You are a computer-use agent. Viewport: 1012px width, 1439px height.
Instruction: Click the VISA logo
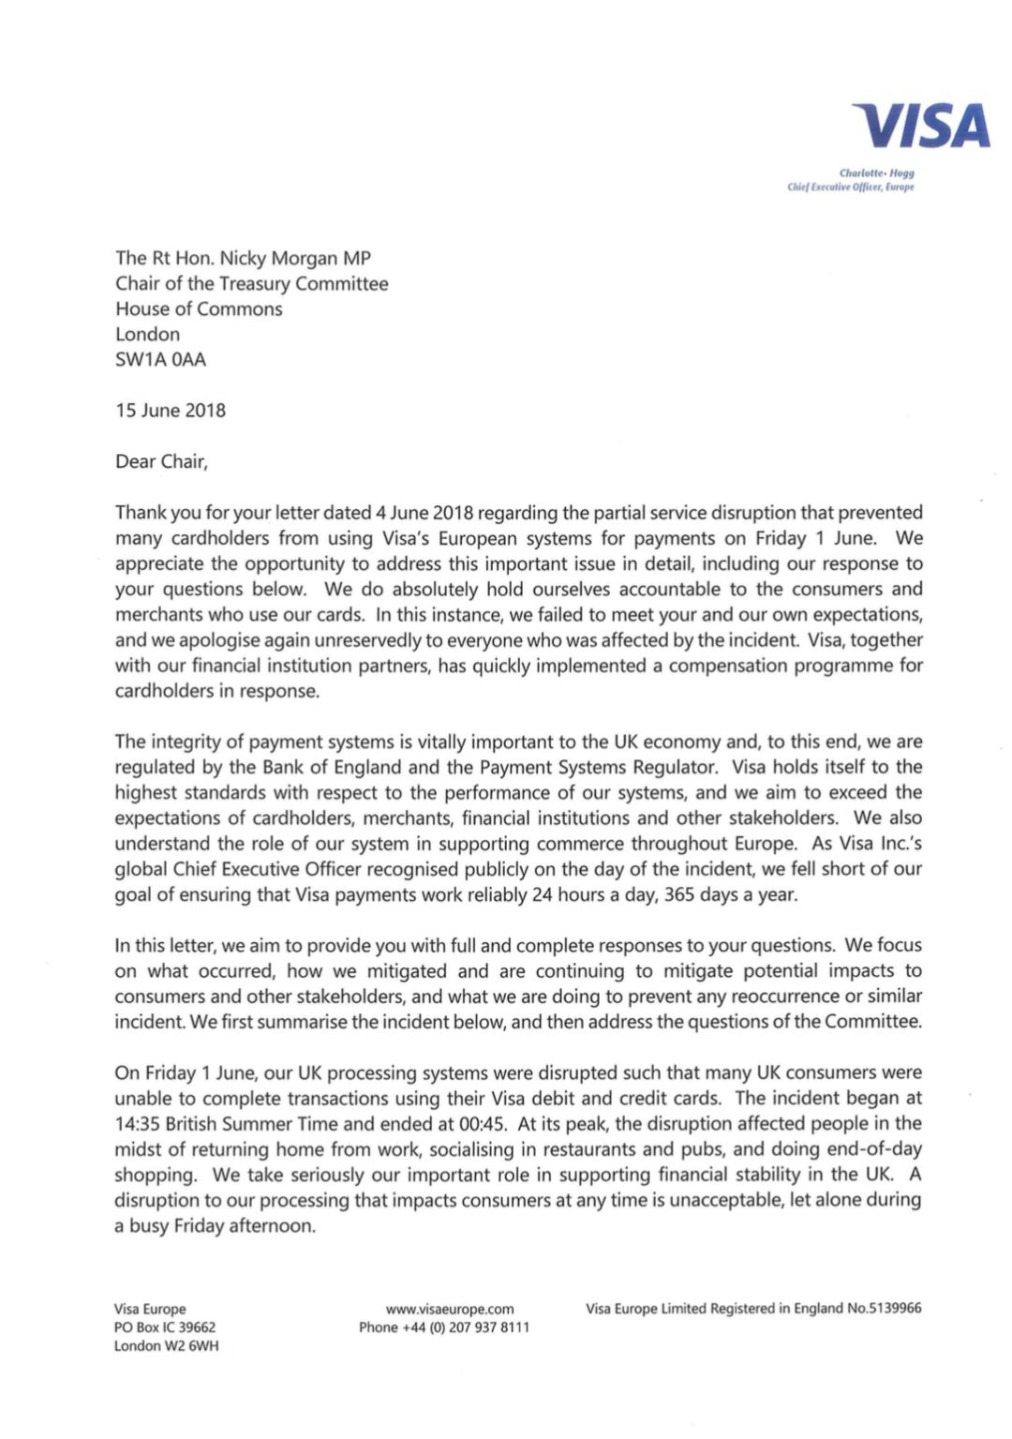point(921,127)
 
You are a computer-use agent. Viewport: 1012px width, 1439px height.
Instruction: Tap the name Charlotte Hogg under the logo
point(876,173)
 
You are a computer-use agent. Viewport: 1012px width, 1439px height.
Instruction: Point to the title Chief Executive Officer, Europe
point(850,187)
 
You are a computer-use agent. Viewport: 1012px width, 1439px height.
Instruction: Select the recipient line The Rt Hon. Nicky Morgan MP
point(243,258)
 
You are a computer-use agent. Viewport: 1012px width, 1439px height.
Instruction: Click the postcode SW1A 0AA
point(160,359)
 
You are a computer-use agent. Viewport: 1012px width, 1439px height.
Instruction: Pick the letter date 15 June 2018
point(171,411)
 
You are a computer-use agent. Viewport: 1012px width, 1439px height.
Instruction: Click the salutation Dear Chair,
point(161,461)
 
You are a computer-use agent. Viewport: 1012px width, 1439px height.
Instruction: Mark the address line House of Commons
point(199,308)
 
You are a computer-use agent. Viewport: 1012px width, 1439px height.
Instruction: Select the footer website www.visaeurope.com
point(450,1309)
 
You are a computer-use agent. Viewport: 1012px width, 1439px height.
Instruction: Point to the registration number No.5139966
point(885,1309)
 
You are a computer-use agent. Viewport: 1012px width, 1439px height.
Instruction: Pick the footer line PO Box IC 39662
point(165,1327)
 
